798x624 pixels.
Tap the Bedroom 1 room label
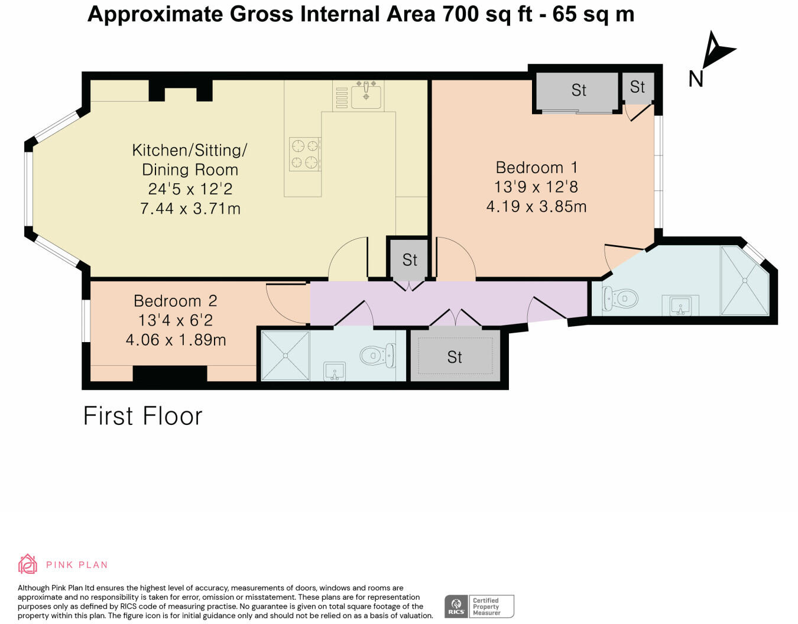537,168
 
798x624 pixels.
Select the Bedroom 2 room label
175,301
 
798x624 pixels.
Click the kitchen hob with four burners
305,154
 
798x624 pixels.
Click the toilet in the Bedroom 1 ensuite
620,298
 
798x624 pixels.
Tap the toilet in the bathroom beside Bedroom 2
378,355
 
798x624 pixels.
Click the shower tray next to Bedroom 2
286,355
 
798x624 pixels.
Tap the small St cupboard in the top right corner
638,87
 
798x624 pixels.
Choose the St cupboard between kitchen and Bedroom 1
410,259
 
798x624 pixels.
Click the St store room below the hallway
455,356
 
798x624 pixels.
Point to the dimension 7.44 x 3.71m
190,209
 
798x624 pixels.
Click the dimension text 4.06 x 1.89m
176,340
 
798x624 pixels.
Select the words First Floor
143,416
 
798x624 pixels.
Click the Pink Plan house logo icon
28,564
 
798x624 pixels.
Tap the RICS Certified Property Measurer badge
479,606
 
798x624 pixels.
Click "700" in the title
460,14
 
